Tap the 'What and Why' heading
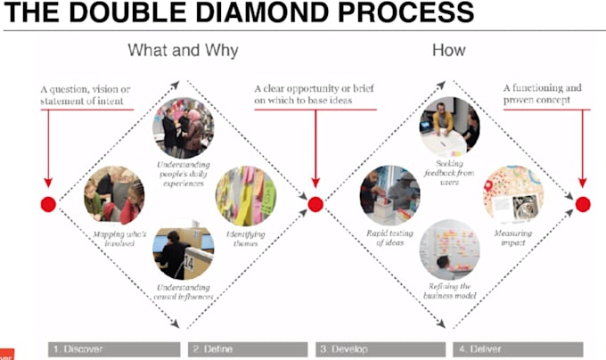tap(183, 51)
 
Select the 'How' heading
tap(448, 51)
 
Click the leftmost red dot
tap(48, 204)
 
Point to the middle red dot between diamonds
tap(315, 204)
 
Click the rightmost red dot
tap(582, 204)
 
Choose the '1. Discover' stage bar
tap(114, 348)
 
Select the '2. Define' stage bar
tap(249, 348)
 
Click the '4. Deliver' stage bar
tap(517, 348)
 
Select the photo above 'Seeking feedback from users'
tap(449, 127)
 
